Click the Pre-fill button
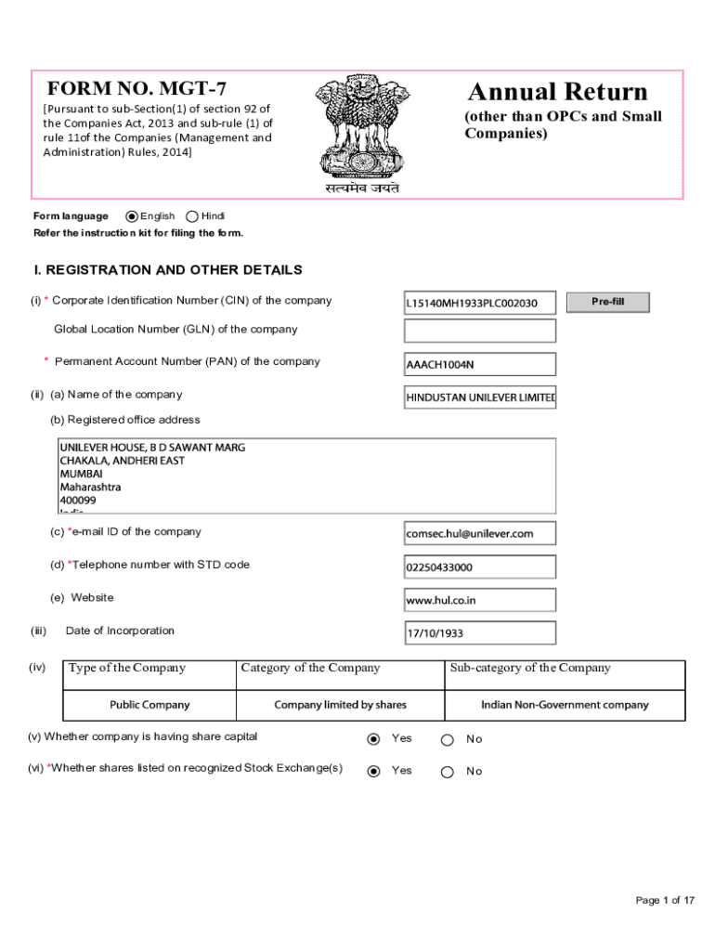pyautogui.click(x=607, y=302)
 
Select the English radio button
pyautogui.click(x=132, y=215)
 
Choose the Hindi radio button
pyautogui.click(x=192, y=215)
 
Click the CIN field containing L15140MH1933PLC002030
pyautogui.click(x=479, y=303)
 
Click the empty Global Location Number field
pyautogui.click(x=479, y=331)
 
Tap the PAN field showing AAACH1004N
pyautogui.click(x=479, y=364)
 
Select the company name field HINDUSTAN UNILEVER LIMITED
pyautogui.click(x=479, y=397)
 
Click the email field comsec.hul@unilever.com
pyautogui.click(x=479, y=533)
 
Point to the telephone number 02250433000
pyautogui.click(x=479, y=567)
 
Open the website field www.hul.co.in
pyautogui.click(x=479, y=600)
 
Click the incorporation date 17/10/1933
pyautogui.click(x=479, y=633)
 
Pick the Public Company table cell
pyautogui.click(x=149, y=705)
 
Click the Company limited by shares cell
pyautogui.click(x=340, y=705)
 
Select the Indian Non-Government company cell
pyautogui.click(x=565, y=705)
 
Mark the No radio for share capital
pyautogui.click(x=447, y=740)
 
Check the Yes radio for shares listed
pyautogui.click(x=374, y=771)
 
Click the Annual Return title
pyautogui.click(x=557, y=92)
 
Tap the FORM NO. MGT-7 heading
pyautogui.click(x=136, y=90)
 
